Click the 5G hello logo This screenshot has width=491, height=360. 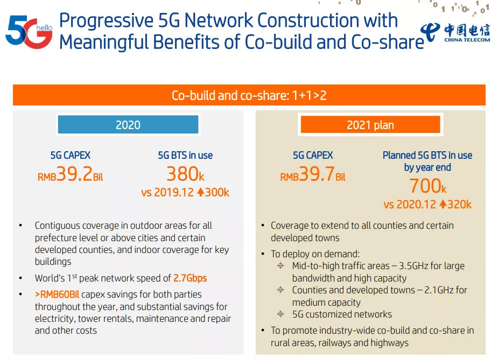29,31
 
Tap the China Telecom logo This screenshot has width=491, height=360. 455,32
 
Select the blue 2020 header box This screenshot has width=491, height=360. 128,125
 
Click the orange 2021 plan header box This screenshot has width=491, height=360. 370,125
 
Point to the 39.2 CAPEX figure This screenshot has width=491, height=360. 74,175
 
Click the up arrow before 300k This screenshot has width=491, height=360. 200,192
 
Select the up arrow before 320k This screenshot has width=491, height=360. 443,204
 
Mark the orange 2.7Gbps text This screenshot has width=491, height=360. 190,278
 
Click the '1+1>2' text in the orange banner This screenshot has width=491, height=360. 309,96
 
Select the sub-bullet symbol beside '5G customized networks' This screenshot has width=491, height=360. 280,314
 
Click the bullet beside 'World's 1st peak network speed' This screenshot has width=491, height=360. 21,278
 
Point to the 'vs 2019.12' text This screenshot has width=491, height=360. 167,192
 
